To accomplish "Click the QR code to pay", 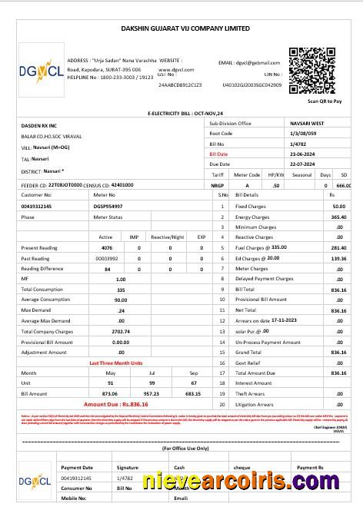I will pos(312,71).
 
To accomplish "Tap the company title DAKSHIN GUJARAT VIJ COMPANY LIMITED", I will pos(185,28).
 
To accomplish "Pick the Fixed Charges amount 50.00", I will pos(338,207).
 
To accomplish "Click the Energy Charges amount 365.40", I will pos(338,217).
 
